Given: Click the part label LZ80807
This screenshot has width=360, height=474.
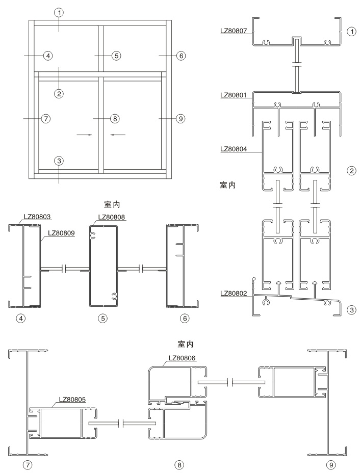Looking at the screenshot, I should (x=234, y=31).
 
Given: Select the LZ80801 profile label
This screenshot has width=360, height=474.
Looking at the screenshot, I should (x=234, y=95).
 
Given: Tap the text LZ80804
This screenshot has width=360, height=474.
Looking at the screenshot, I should (x=234, y=149).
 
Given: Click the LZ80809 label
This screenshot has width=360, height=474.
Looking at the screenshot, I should (x=61, y=234).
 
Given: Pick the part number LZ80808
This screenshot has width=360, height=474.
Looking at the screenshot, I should (x=111, y=217).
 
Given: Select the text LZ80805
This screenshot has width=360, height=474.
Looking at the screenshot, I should (x=73, y=400).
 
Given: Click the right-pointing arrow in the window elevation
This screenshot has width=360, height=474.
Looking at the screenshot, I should (x=84, y=135).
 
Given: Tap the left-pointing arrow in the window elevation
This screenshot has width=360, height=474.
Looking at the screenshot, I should (x=117, y=135).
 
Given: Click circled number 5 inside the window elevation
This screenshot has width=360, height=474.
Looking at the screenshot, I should (x=116, y=55).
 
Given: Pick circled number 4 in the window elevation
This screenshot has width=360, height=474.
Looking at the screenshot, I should (x=47, y=55).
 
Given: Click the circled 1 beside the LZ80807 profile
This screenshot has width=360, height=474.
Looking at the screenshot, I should (x=351, y=31).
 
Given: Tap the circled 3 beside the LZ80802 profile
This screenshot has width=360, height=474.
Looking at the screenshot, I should (x=351, y=309).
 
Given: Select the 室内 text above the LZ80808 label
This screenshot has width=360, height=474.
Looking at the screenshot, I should (x=112, y=204).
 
